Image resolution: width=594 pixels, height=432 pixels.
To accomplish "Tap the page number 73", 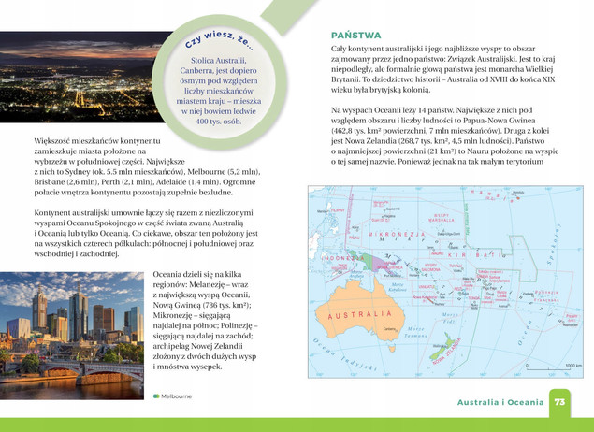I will [559, 401].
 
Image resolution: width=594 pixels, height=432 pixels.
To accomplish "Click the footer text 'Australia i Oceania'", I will [500, 402].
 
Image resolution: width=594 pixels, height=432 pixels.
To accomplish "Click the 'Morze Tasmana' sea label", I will [415, 332].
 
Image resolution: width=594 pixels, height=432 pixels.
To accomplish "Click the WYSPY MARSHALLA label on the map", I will [440, 216].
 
